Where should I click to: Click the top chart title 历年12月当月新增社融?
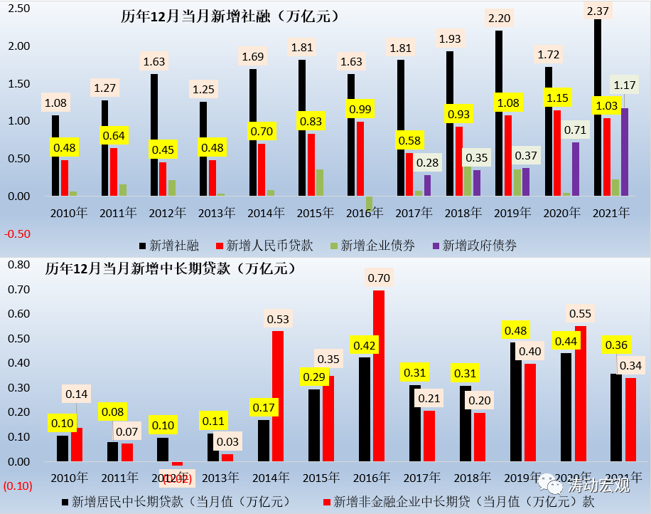[227, 15]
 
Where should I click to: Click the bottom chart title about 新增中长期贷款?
[171, 269]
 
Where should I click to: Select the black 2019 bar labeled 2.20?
[499, 114]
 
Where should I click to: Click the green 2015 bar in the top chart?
[320, 182]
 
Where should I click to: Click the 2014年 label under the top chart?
[267, 212]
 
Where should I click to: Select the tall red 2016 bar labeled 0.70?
[379, 376]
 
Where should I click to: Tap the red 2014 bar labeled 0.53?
[278, 396]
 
